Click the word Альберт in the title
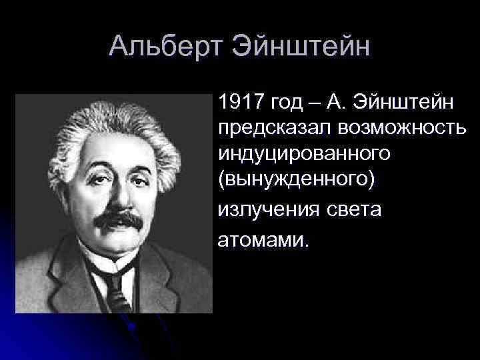(x=165, y=47)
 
